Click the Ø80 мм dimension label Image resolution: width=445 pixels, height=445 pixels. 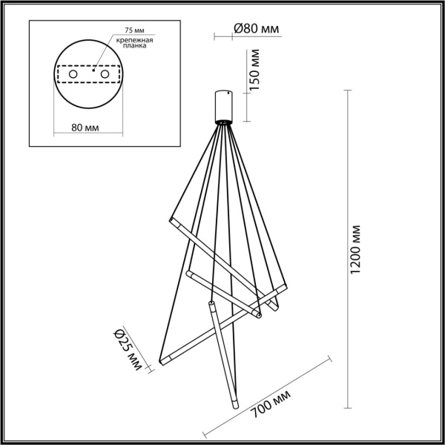click(256, 29)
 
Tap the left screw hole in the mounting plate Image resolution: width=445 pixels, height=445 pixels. click(73, 75)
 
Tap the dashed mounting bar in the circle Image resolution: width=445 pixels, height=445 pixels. click(88, 76)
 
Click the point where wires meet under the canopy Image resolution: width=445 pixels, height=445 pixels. click(222, 125)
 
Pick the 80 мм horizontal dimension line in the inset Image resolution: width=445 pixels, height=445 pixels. click(88, 135)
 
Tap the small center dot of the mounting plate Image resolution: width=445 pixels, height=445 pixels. click(93, 71)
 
